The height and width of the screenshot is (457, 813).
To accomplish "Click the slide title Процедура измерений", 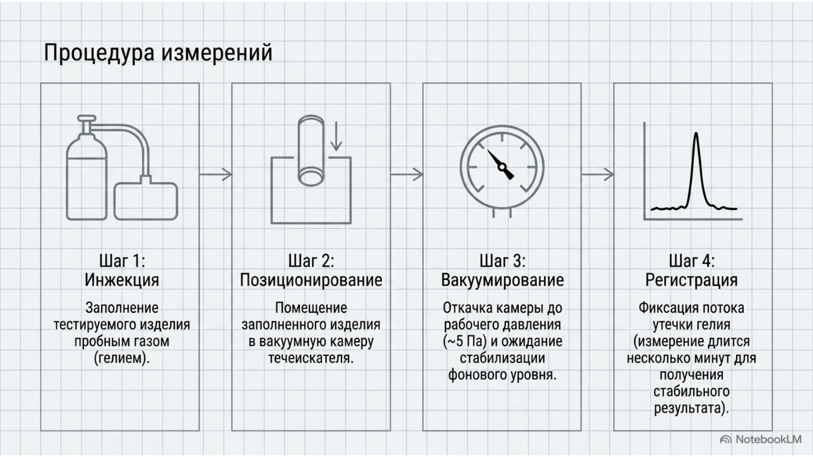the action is point(158,53).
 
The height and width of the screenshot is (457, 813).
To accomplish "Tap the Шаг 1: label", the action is point(122,261).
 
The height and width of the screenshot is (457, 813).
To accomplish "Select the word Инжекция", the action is point(122,280).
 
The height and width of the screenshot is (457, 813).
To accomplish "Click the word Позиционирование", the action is point(311,280).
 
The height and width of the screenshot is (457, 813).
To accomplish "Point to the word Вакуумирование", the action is point(503,280).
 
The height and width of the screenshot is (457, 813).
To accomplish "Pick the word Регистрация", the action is point(692,280).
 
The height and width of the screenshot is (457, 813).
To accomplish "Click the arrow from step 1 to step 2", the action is point(215,175).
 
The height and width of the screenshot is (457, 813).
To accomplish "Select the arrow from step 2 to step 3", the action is point(407,175).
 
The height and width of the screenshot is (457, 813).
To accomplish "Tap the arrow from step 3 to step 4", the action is point(598,175).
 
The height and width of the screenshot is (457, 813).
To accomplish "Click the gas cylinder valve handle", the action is point(86,118).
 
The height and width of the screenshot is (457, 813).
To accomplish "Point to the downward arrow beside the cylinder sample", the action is point(336,136).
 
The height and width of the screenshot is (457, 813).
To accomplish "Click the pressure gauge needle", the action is point(501,165).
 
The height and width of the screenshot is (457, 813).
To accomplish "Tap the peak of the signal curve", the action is point(696,134).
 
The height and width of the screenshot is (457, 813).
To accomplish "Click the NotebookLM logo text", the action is point(768,440).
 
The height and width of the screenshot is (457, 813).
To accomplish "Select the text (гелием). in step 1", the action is point(122,358).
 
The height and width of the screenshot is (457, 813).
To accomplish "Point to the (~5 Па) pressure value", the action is point(464,342).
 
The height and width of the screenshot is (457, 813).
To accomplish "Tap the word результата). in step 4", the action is point(692,408).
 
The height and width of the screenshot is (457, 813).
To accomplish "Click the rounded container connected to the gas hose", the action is point(145,201).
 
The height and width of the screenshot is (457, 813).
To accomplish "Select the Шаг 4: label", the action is point(692,261).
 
